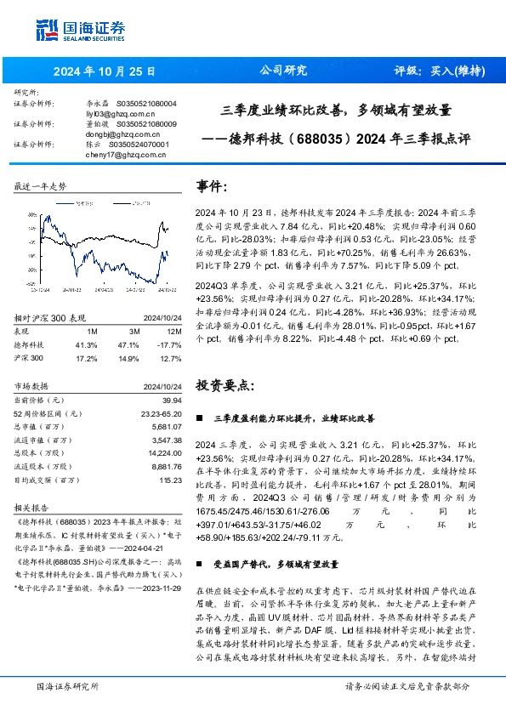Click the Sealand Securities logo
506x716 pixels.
80,29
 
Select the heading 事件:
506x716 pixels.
212,185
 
